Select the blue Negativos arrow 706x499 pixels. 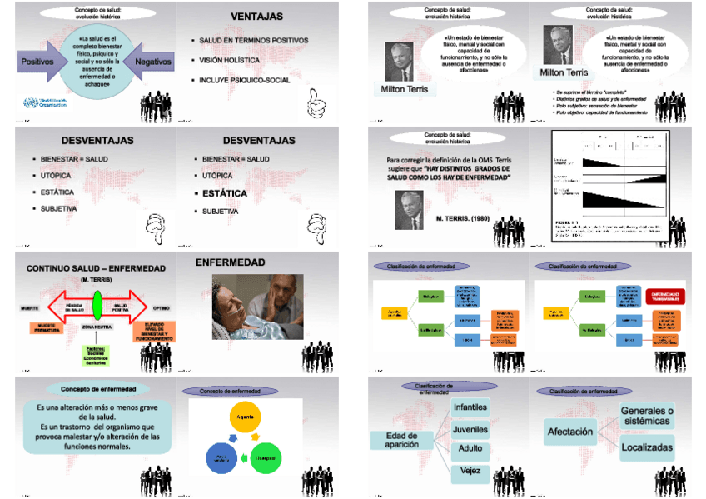coord(151,62)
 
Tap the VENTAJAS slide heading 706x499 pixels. coord(256,17)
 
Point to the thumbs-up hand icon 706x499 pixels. coord(317,103)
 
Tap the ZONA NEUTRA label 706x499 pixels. coord(97,327)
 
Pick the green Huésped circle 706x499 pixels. coord(266,457)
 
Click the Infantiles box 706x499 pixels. coord(470,407)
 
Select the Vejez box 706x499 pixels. coord(470,472)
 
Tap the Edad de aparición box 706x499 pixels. coord(402,439)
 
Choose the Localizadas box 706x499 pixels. coord(646,447)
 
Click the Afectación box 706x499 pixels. coord(571,432)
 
